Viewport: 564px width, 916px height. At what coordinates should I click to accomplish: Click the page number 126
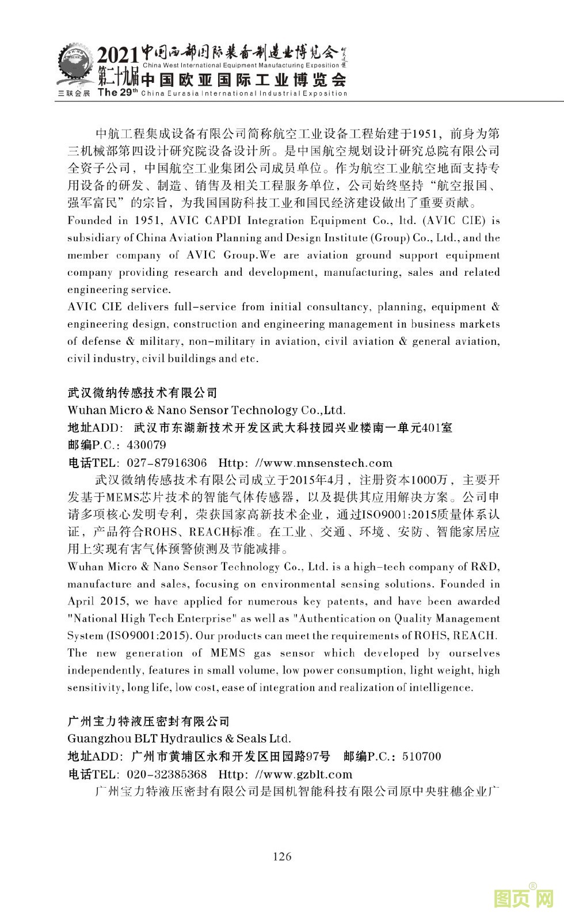coord(282,856)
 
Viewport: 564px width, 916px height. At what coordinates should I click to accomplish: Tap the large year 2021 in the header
coord(117,56)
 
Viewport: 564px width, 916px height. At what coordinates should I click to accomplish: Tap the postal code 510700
coord(421,757)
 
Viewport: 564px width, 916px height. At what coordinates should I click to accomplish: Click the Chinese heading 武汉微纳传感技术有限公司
coord(143,393)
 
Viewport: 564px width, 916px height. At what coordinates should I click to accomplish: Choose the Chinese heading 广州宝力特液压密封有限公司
coord(148,722)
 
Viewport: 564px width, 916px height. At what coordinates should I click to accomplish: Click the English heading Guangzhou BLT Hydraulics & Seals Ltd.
coord(179,739)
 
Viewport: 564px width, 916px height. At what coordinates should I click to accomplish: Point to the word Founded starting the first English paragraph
coord(89,221)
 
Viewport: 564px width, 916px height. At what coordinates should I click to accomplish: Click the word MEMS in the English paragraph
coord(227,653)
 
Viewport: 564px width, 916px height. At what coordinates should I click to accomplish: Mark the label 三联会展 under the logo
coord(74,93)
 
